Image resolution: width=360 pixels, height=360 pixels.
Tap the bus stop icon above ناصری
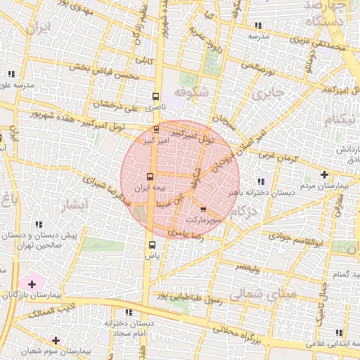point(155,96)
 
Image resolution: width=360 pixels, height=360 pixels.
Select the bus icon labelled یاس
point(152,245)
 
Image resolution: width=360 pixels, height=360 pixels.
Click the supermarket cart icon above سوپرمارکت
point(203,210)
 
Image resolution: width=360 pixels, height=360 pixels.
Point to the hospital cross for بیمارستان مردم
point(323,174)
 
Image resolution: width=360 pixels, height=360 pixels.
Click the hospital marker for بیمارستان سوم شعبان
point(55,340)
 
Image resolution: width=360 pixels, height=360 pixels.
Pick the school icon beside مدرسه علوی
point(11,73)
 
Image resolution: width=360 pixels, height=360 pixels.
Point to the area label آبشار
point(72,205)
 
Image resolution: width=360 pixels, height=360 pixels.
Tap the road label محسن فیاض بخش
point(102,72)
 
